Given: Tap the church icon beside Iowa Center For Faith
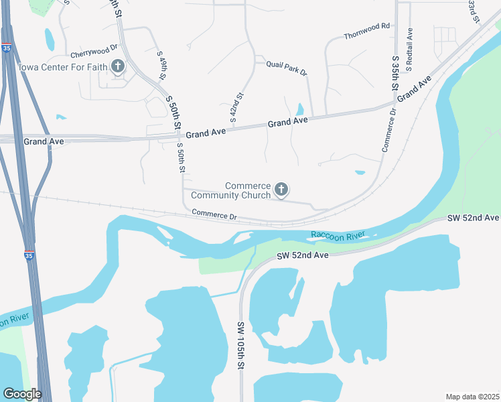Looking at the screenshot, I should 118,66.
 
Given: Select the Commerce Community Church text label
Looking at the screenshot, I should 230,190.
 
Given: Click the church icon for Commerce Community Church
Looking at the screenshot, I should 281,190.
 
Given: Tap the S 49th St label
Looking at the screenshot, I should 161,64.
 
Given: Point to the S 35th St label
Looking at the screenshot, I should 396,74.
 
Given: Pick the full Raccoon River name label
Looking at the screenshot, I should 338,235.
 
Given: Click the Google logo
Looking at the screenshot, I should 22,394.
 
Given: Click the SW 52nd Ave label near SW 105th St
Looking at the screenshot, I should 302,255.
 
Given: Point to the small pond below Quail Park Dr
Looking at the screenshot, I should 299,109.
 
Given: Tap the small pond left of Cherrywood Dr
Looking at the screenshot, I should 50,39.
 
